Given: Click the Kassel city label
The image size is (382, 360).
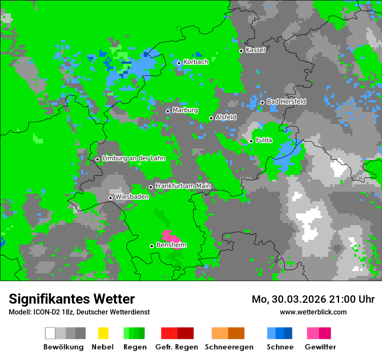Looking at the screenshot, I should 255,50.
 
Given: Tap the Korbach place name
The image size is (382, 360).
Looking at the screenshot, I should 196,62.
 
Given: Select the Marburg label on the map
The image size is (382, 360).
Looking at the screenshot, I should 185,110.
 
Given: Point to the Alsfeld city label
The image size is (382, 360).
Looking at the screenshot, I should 226,117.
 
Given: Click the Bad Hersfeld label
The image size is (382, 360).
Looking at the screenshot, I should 286,101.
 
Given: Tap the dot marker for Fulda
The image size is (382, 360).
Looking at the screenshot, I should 251,141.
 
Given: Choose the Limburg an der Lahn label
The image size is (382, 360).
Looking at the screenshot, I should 133,158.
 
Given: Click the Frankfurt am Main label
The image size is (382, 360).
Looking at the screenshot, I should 183,186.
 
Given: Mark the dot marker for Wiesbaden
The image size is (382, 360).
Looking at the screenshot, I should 110,198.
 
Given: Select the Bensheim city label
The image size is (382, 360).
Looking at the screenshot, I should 171,245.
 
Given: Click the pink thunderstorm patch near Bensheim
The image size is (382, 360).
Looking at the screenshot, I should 170,236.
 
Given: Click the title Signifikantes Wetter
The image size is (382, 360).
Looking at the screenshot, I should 72,299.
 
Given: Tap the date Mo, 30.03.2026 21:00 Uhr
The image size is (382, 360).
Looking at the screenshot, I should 313,299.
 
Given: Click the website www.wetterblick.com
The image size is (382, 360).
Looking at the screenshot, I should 313,312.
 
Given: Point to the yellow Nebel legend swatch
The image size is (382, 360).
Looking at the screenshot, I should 103,333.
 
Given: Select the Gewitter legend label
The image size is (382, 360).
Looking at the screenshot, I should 320,347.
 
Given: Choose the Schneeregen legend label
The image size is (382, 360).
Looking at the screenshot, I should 228,347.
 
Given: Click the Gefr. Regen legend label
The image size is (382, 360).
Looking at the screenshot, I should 177,347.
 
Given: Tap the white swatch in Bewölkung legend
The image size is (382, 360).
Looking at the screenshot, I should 50,333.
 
